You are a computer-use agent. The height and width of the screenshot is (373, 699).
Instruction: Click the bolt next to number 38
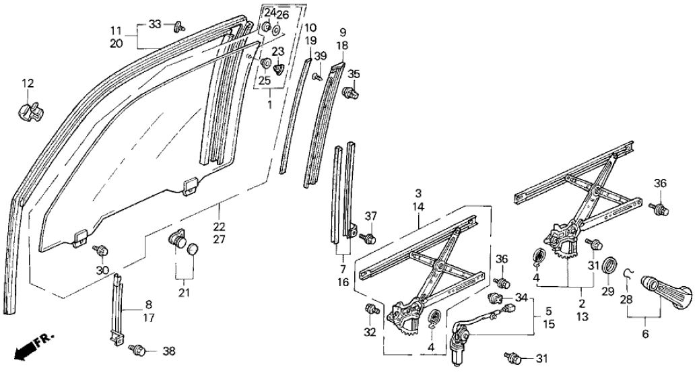[x=137, y=349]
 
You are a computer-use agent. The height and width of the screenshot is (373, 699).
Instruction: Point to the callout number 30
[x=102, y=270]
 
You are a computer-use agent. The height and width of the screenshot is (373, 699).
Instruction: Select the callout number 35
[x=354, y=73]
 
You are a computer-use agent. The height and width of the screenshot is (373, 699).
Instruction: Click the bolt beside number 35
[x=351, y=92]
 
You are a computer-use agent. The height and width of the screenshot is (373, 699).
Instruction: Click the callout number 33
[x=154, y=24]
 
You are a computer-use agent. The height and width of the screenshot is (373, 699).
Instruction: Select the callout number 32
[x=370, y=331]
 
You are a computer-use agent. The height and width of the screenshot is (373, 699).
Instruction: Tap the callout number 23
[x=277, y=51]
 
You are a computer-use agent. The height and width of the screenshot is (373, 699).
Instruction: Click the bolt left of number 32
[x=370, y=310]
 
